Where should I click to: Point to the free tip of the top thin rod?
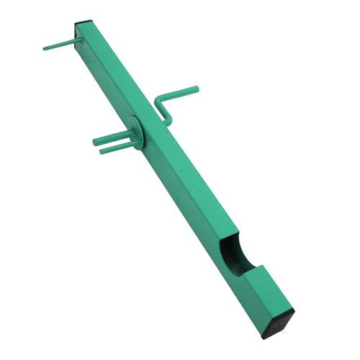pyautogui.click(x=45, y=48)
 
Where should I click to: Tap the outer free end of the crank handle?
pyautogui.click(x=197, y=89)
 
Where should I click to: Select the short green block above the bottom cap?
pyautogui.click(x=266, y=284)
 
